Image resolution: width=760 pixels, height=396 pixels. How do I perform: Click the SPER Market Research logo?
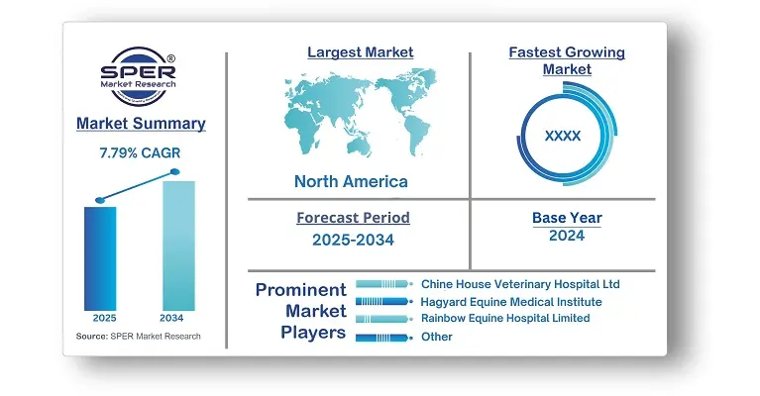pyautogui.click(x=139, y=76)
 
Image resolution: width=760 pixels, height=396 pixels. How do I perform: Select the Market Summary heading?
pyautogui.click(x=141, y=124)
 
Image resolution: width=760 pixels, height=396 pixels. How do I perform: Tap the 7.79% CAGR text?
pyautogui.click(x=140, y=153)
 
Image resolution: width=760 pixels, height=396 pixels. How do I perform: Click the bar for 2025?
pyautogui.click(x=100, y=258)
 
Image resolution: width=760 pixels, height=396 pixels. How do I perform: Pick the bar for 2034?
pyautogui.click(x=178, y=246)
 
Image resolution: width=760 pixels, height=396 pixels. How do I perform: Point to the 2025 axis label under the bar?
pyautogui.click(x=105, y=318)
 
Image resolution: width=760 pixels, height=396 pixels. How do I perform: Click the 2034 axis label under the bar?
pyautogui.click(x=171, y=318)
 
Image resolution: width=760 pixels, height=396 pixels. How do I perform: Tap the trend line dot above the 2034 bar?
pyautogui.click(x=175, y=172)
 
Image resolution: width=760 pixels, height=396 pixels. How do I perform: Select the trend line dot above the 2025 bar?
pyautogui.click(x=100, y=200)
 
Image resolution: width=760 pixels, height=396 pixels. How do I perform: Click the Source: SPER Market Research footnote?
pyautogui.click(x=138, y=336)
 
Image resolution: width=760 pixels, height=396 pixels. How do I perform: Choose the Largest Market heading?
pyautogui.click(x=361, y=52)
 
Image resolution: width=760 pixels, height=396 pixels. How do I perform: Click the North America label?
pyautogui.click(x=351, y=181)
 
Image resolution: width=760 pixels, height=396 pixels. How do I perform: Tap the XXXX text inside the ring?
pyautogui.click(x=563, y=136)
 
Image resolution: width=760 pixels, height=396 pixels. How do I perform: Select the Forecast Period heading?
pyautogui.click(x=354, y=218)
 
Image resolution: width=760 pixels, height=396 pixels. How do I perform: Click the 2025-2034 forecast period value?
pyautogui.click(x=354, y=240)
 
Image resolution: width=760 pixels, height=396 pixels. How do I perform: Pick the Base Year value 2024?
pyautogui.click(x=567, y=236)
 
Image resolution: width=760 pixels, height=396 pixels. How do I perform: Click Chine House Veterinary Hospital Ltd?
pyautogui.click(x=520, y=284)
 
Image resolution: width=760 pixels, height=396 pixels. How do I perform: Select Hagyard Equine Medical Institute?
pyautogui.click(x=511, y=302)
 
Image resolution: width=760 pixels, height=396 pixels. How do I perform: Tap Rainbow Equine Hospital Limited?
pyautogui.click(x=505, y=318)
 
